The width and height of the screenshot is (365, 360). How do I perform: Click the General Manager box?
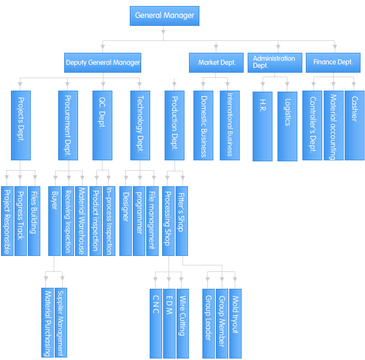[165, 16]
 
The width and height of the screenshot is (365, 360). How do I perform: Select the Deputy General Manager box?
[103, 63]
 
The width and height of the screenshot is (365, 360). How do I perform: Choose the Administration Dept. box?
[274, 62]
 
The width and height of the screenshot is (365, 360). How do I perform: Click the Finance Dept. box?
[333, 62]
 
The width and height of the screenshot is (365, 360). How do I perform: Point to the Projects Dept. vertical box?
[21, 125]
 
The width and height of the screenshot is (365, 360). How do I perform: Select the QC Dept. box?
[102, 125]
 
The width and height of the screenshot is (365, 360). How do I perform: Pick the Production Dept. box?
[174, 125]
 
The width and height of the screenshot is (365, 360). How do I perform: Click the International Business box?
[229, 125]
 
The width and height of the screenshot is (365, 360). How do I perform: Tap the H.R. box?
[262, 126]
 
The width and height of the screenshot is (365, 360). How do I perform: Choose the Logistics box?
[287, 126]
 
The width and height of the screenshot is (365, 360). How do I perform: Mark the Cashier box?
[355, 125]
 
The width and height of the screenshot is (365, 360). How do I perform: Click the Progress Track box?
[20, 221]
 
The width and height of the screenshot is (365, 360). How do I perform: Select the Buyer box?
[54, 221]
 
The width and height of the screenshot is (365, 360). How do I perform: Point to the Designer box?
[125, 221]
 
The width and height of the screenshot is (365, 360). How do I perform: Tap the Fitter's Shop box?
[181, 221]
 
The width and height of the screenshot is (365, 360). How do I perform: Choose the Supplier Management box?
[61, 322]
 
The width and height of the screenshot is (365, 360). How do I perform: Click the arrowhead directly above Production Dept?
[174, 86]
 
